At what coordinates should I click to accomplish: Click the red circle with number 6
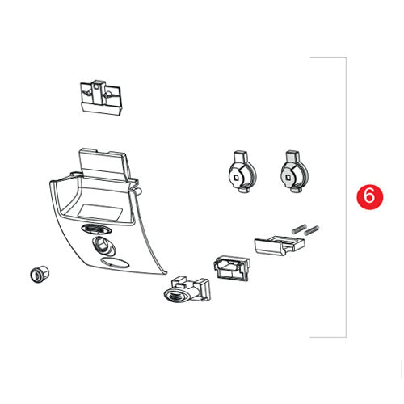(x=369, y=196)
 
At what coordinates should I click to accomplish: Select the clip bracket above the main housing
(x=101, y=97)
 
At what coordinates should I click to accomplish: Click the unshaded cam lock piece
(x=242, y=172)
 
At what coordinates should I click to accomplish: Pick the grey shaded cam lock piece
(x=294, y=171)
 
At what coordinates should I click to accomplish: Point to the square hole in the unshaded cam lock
(x=237, y=178)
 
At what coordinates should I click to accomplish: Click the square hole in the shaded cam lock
(x=288, y=177)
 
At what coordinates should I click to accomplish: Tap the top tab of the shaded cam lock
(x=293, y=157)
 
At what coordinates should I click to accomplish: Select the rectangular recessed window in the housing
(x=99, y=211)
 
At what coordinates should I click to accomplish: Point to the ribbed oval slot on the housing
(x=96, y=229)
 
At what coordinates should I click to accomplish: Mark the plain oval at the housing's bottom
(x=115, y=263)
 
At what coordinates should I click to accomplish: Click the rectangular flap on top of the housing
(x=103, y=163)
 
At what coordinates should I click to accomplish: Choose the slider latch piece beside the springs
(x=280, y=246)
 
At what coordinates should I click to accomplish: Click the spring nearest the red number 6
(x=312, y=230)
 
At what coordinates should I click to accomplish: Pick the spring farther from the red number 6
(x=299, y=228)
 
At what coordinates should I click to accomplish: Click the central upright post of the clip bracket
(x=98, y=91)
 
